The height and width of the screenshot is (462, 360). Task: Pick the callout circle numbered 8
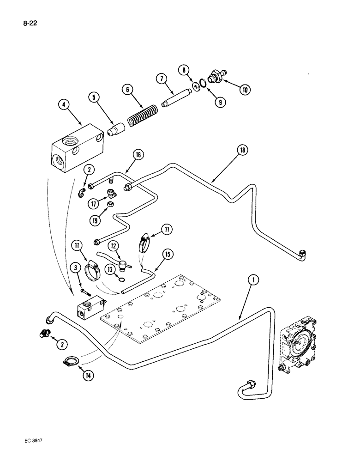click(184, 70)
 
